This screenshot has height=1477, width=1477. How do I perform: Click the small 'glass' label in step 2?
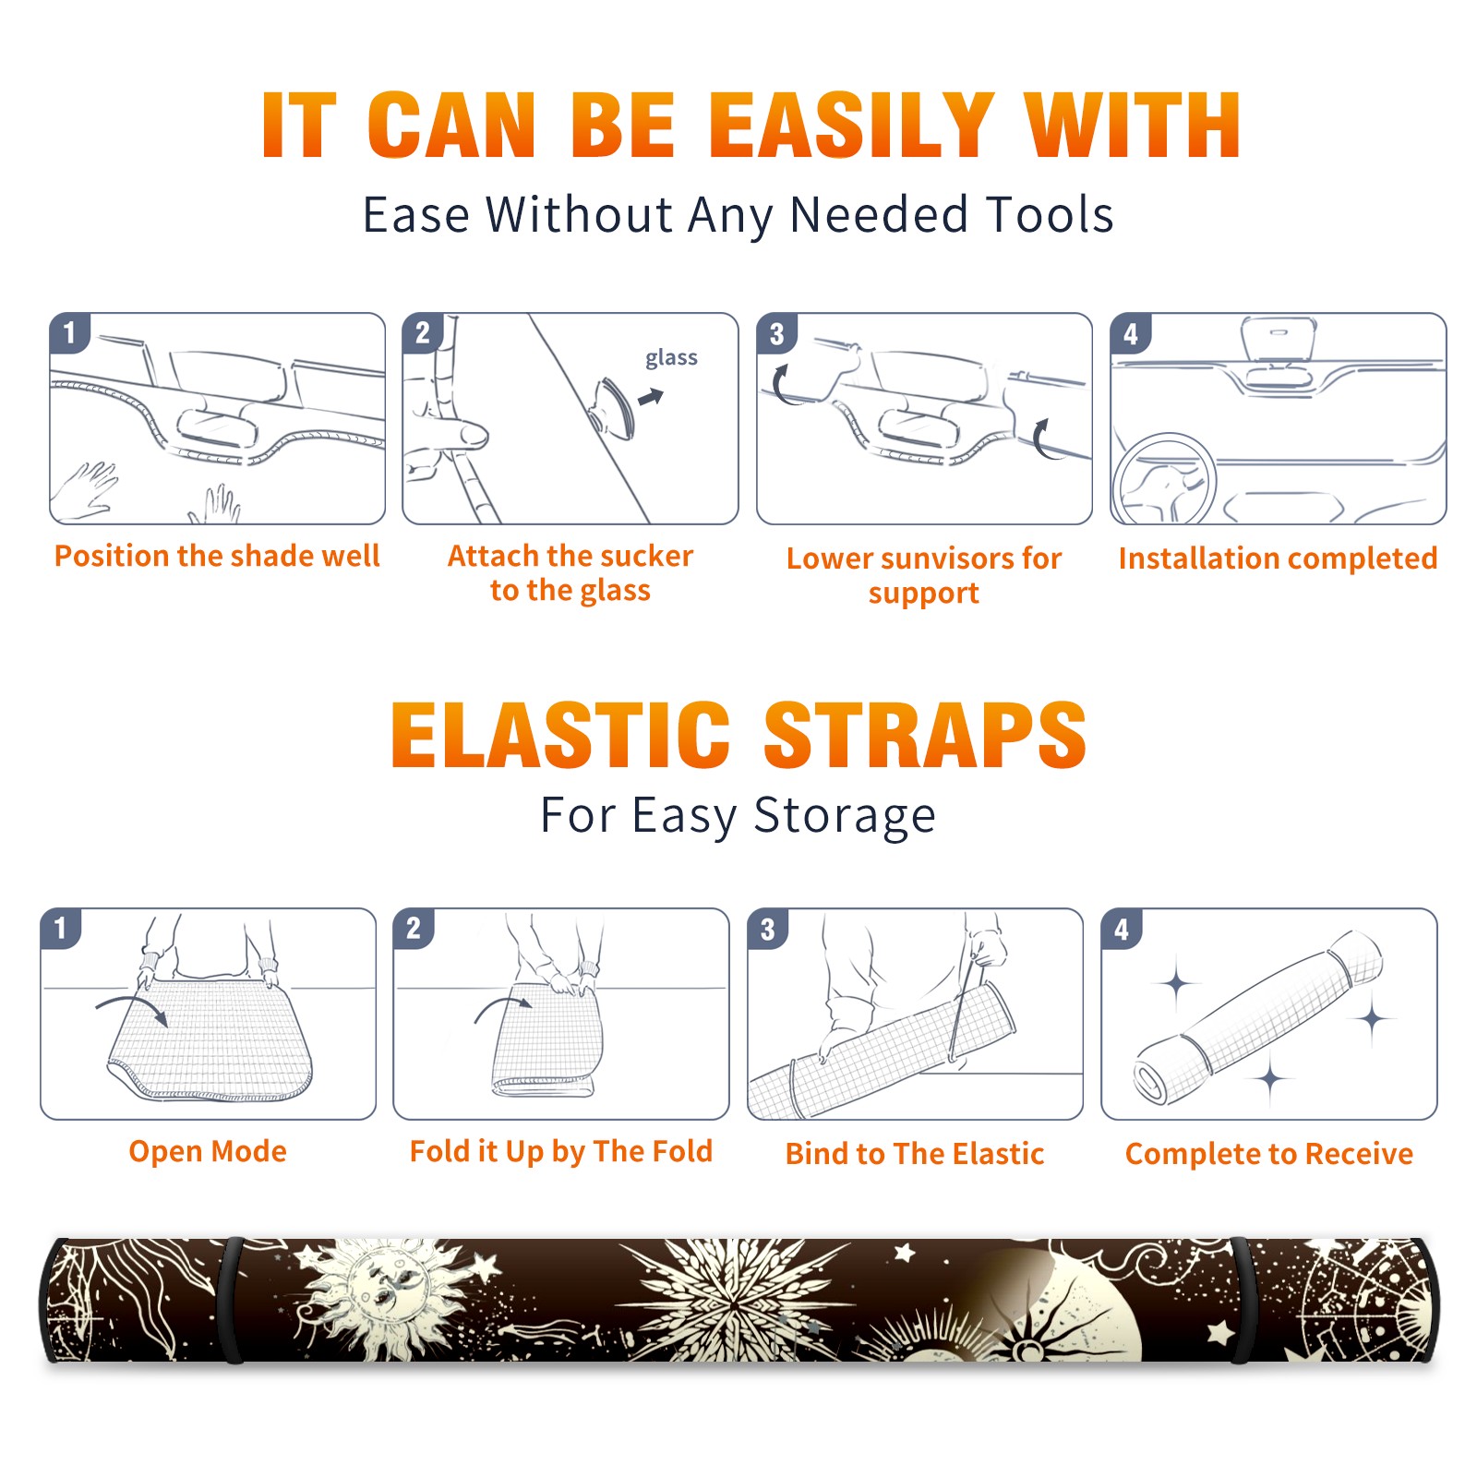[x=671, y=358]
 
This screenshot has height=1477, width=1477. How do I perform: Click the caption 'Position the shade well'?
[x=217, y=556]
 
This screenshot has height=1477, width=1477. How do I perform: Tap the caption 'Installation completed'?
[x=1278, y=558]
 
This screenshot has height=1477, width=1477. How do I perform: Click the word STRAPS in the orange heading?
[x=925, y=735]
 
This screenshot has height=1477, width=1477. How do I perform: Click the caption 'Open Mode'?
[x=208, y=1151]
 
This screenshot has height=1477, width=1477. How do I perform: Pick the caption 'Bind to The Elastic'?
[x=914, y=1154]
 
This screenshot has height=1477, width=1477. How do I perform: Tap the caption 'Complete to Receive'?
[x=1269, y=1154]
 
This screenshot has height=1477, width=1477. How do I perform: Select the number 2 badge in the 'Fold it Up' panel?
[x=414, y=928]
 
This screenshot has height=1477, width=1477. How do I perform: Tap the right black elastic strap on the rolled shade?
[x=1242, y=1301]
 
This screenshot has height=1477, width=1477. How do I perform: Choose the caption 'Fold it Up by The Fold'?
[x=561, y=1151]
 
